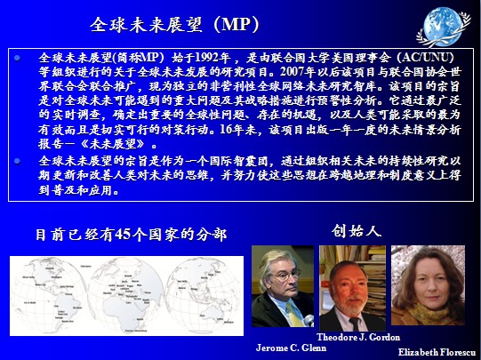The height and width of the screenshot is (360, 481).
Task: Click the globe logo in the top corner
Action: [x=444, y=27]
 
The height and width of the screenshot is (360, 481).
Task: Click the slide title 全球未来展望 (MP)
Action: [x=175, y=25]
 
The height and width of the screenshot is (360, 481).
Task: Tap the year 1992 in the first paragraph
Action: [x=207, y=58]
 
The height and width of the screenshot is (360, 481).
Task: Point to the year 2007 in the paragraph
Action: [x=293, y=72]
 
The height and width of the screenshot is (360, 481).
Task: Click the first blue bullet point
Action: [x=18, y=58]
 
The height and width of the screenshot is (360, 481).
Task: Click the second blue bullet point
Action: [x=18, y=161]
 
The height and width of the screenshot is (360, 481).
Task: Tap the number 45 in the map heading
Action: [x=123, y=235]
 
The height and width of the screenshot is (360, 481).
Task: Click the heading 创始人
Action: [x=357, y=231]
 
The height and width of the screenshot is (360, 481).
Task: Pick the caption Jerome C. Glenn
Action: [x=291, y=348]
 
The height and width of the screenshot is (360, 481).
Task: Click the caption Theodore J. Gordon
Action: [x=358, y=337]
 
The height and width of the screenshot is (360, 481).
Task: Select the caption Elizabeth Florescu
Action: [x=439, y=352]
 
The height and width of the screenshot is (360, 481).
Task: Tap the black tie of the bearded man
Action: [x=355, y=324]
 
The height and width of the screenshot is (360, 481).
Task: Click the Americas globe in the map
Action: [x=50, y=295]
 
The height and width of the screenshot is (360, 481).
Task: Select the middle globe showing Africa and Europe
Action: [x=126, y=295]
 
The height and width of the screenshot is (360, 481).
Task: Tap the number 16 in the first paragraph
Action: [x=226, y=130]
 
